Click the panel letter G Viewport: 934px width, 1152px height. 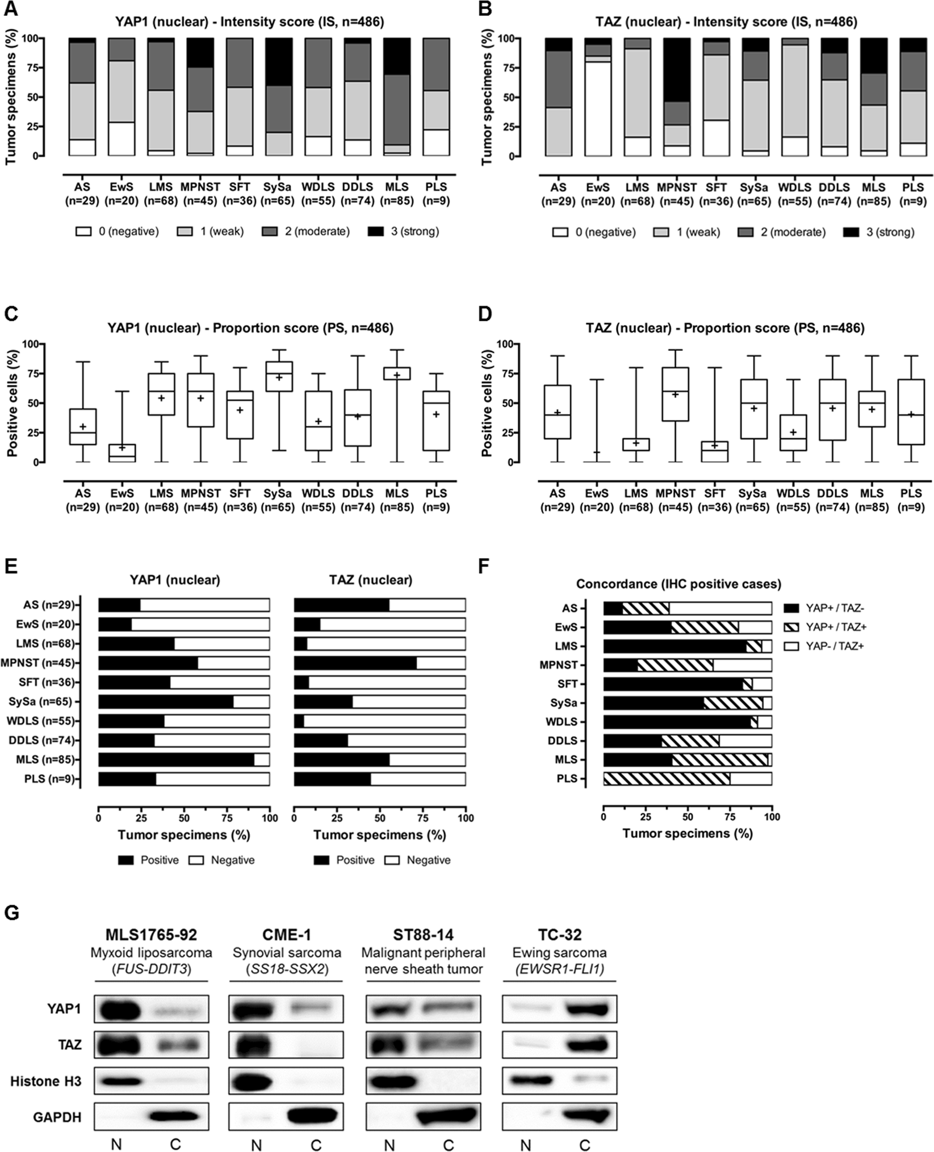click(12, 912)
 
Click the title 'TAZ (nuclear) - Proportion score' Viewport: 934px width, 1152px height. click(725, 328)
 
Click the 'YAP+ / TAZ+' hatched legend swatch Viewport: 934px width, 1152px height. click(791, 627)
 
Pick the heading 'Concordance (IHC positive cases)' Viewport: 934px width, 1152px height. click(678, 584)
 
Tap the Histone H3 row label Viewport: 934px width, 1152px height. click(45, 1082)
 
